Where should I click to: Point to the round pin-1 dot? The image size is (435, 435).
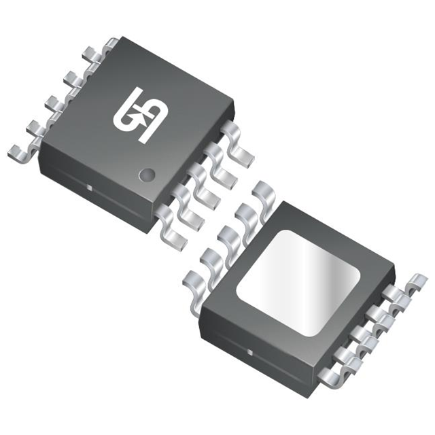tap(145, 175)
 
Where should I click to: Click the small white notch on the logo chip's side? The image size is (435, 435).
tap(90, 185)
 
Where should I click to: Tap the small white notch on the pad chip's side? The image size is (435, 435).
tap(249, 353)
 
